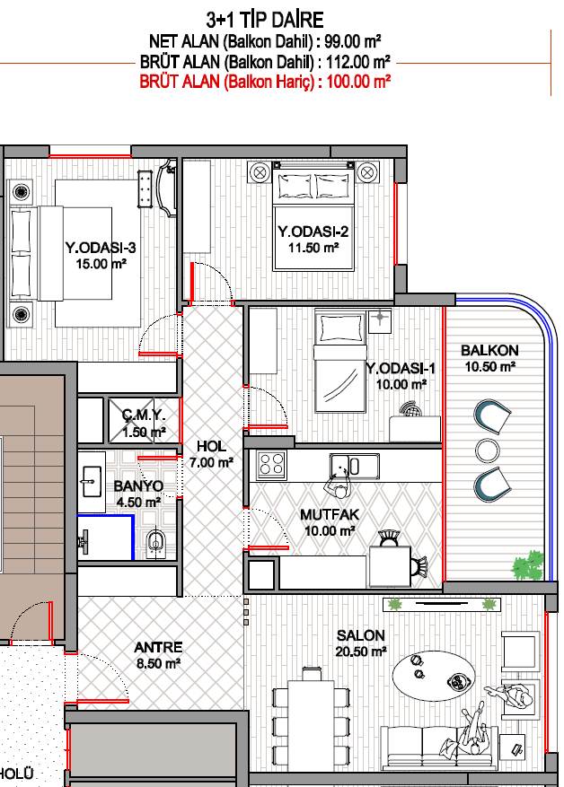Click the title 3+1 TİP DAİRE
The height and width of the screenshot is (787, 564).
[x=265, y=20]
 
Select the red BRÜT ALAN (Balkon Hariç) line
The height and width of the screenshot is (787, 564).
[x=265, y=82]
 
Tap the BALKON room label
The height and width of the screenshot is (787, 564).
[x=489, y=350]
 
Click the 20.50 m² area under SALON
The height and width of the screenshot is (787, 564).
[x=361, y=651]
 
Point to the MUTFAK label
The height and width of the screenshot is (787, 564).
[x=330, y=514]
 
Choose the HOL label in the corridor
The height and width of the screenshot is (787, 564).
[x=211, y=446]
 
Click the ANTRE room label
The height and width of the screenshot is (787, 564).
[x=158, y=648]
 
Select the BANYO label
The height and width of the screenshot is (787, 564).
[x=138, y=485]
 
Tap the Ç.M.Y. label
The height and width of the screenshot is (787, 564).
[x=144, y=415]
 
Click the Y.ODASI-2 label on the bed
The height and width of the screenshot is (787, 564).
[x=313, y=232]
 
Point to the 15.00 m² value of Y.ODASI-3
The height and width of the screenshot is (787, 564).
[x=101, y=264]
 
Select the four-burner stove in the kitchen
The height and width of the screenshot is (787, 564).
[x=272, y=465]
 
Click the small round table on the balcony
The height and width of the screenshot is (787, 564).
[x=487, y=450]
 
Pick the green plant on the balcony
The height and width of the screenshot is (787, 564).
[x=528, y=564]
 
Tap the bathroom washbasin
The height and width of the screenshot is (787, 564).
[x=92, y=481]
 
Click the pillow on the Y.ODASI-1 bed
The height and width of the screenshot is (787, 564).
[x=340, y=328]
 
